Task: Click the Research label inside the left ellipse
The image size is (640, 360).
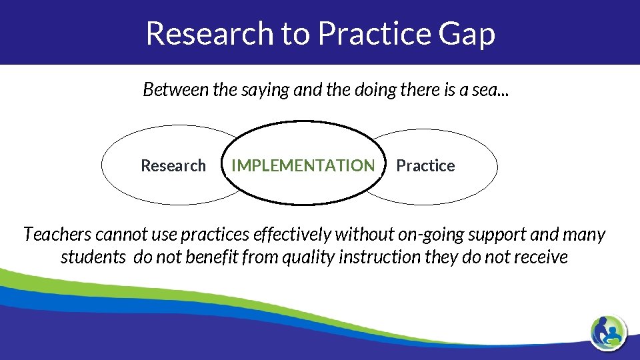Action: (173, 166)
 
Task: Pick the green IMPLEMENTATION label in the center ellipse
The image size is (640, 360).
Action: (303, 166)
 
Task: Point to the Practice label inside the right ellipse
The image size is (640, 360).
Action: (425, 166)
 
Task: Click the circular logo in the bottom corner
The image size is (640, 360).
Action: (608, 331)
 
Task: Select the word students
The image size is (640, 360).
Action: (93, 257)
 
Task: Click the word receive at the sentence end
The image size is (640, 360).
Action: (543, 257)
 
